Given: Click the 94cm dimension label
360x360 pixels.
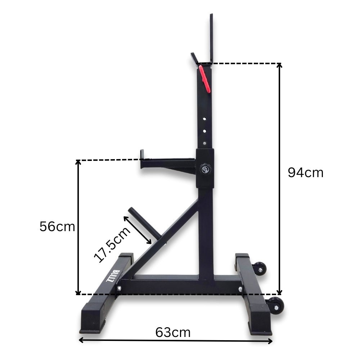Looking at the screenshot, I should tap(305, 173).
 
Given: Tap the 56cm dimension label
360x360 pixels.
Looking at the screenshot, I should tap(58, 227).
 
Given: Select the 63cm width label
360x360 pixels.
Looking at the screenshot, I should tap(173, 332).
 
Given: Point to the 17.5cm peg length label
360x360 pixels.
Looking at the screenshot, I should tap(112, 245).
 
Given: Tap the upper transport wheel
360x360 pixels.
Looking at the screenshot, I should tap(262, 267).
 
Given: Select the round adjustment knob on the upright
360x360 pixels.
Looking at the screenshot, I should tap(206, 168).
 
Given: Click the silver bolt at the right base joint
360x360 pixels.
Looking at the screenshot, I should tap(240, 289).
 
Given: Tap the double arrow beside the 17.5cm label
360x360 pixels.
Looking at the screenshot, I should tap(137, 230).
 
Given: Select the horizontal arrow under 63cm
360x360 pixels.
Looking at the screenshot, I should tap(176, 340).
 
